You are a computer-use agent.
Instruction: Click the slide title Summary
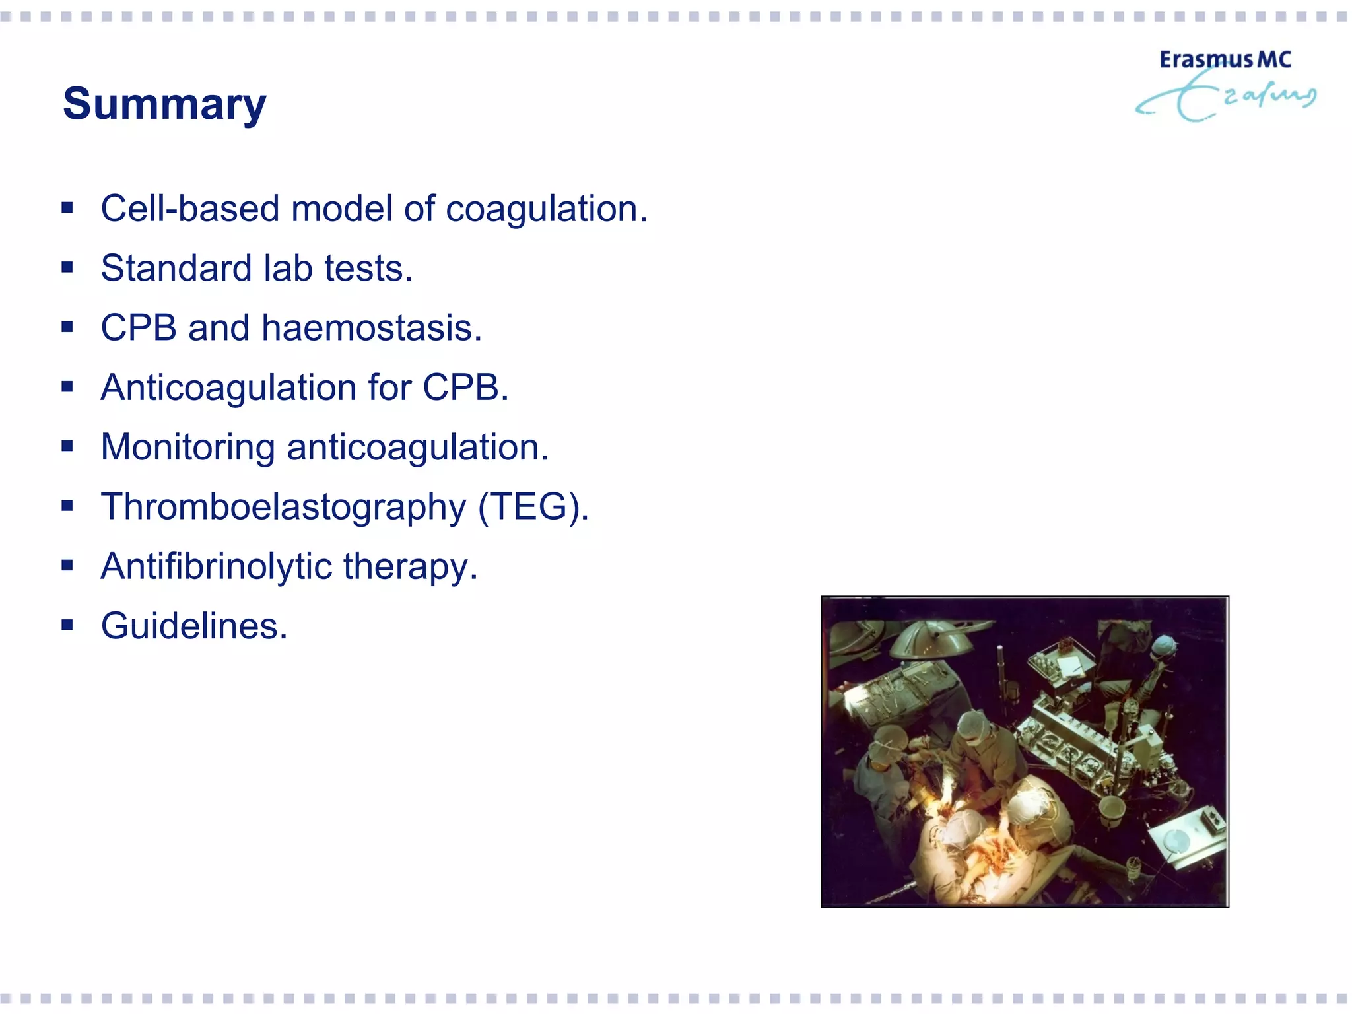164,104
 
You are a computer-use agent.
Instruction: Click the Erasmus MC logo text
1225,60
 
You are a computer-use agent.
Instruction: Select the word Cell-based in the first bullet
190,209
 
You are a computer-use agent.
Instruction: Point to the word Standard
176,268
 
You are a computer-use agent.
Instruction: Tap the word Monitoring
187,447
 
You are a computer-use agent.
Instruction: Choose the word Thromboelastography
283,506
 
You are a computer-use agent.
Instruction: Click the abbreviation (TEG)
533,506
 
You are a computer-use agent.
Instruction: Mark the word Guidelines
194,626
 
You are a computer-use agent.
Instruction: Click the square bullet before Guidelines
67,625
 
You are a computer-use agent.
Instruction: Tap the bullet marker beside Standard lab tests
67,267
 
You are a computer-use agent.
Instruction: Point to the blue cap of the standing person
1164,644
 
